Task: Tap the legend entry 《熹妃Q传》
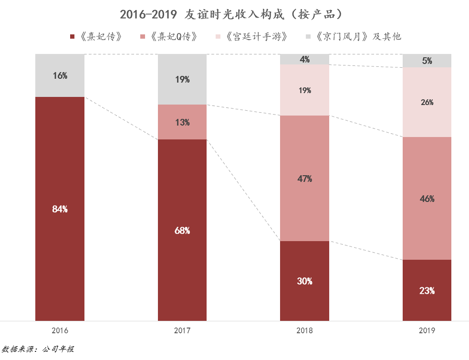point(172,37)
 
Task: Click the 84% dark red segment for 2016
point(60,209)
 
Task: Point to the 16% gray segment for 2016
point(60,75)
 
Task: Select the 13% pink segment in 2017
point(182,122)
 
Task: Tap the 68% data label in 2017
point(182,231)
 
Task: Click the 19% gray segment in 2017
point(182,80)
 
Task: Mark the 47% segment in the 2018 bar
point(304,179)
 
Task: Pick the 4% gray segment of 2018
point(304,59)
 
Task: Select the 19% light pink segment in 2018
point(304,90)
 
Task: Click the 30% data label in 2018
point(304,281)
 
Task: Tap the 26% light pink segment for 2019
point(427,102)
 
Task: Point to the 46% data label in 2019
point(427,199)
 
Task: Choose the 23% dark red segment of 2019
point(427,290)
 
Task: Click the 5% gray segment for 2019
point(427,61)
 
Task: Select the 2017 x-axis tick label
point(182,330)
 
